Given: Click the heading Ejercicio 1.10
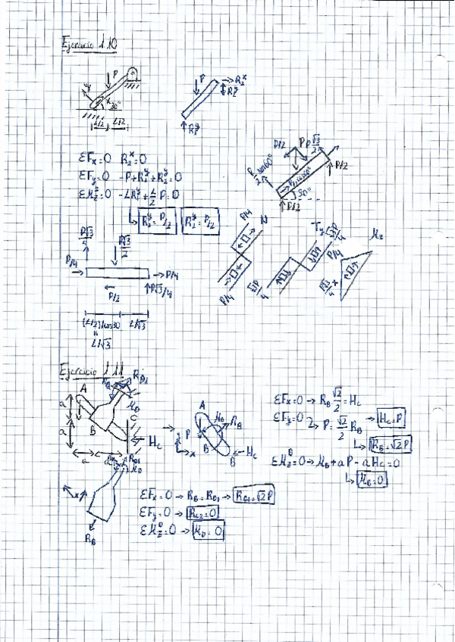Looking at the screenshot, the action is pos(86,44).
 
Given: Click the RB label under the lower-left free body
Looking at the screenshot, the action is pos(90,541).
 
